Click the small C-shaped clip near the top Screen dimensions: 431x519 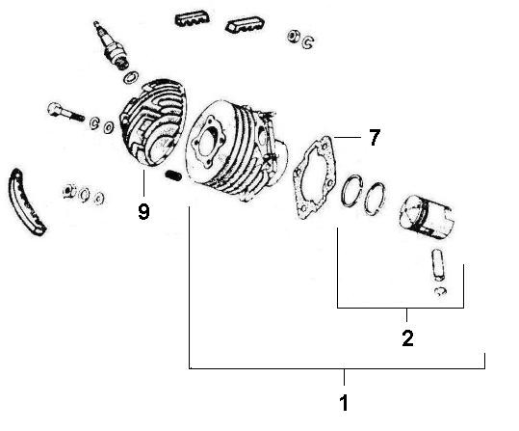(306, 41)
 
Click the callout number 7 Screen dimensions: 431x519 (374, 138)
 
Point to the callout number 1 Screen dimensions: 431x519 (345, 399)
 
